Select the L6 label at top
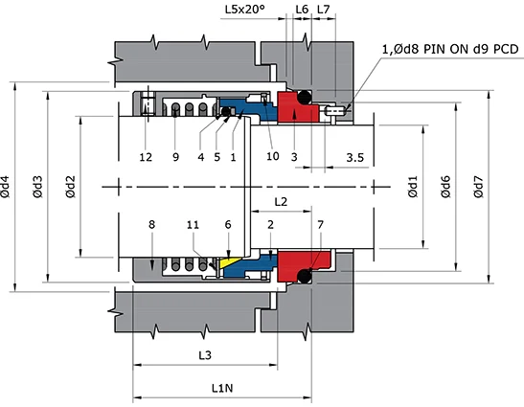click(x=301, y=9)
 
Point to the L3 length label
click(x=205, y=355)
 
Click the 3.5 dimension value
click(x=354, y=156)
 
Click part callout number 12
click(x=145, y=156)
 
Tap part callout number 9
click(x=175, y=156)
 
